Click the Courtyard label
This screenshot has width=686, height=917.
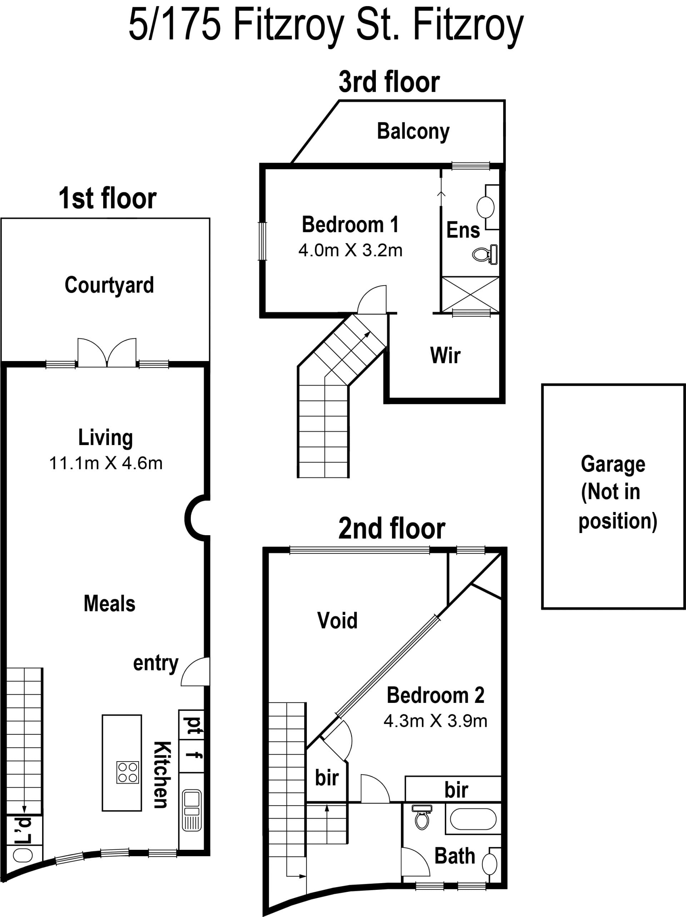tap(109, 286)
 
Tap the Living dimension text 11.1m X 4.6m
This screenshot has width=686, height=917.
tap(106, 463)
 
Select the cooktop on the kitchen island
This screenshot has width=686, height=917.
tap(128, 772)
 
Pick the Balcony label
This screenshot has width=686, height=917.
tap(413, 132)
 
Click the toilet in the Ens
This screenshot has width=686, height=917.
tap(485, 254)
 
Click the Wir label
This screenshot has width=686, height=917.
tap(445, 355)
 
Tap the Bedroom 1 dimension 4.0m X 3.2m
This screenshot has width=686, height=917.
tap(351, 250)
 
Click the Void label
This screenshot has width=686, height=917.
tap(337, 621)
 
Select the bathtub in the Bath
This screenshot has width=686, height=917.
tap(473, 819)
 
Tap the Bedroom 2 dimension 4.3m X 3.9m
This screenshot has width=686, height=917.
tap(436, 721)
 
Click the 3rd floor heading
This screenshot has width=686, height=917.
tap(389, 82)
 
